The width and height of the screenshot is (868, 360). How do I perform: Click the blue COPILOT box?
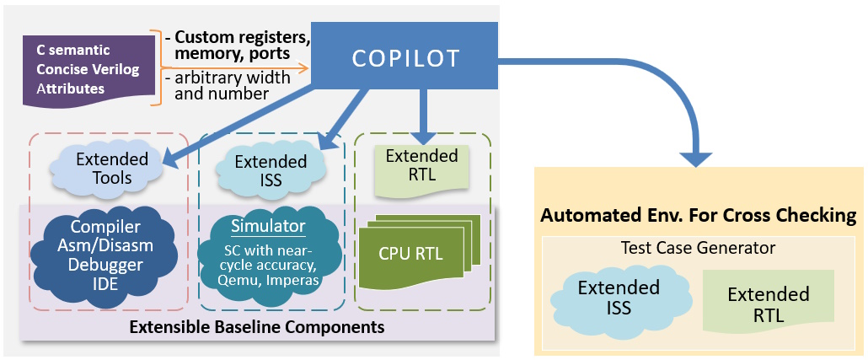(x=405, y=57)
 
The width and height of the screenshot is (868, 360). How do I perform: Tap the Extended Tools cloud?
(x=113, y=168)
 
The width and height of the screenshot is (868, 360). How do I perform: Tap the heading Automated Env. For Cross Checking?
(x=698, y=216)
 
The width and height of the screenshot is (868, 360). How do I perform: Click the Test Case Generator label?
(x=698, y=248)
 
